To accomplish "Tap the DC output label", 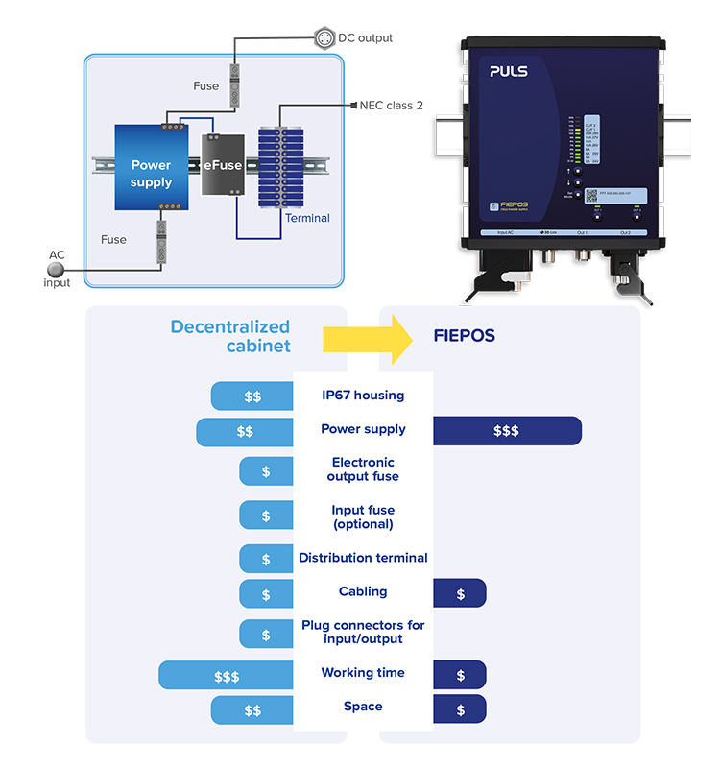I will point(361,38).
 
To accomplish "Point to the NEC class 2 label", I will point(391,106).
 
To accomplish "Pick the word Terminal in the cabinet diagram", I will point(307,218).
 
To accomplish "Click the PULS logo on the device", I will point(510,71).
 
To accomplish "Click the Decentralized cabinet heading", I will point(230,336).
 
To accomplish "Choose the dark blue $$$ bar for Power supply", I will point(507,431).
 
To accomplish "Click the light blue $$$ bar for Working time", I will point(227,676).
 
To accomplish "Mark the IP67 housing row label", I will point(363,396).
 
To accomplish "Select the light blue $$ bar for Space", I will point(252,710).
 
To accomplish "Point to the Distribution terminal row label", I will point(363,558).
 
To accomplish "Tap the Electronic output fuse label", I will point(363,469).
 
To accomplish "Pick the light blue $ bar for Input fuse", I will point(266,516).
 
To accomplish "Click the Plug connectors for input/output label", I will point(363,632).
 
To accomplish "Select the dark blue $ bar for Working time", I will point(460,676).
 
